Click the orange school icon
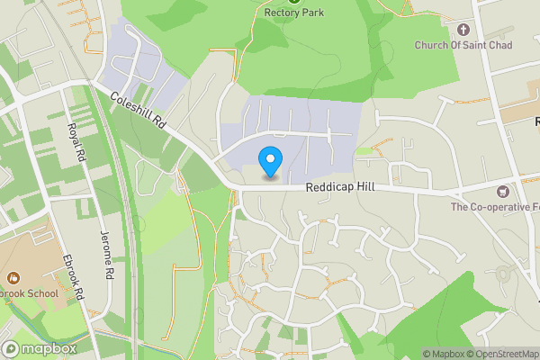13,278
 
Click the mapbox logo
40,348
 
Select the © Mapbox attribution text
443,354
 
